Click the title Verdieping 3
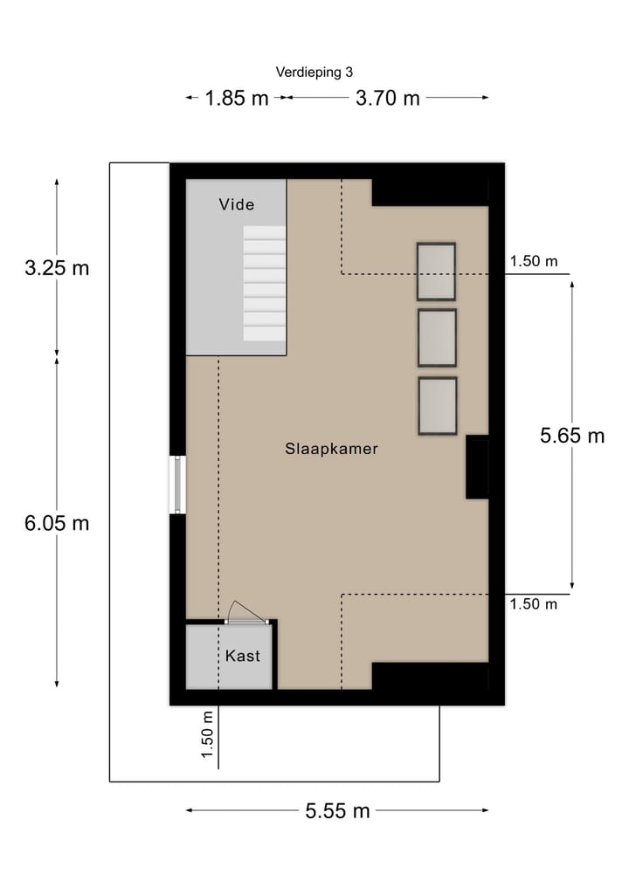point(314,72)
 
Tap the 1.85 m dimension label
point(237,98)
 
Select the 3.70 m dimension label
point(387,98)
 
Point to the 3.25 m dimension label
point(57,268)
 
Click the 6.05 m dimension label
point(57,523)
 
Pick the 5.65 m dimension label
point(572,436)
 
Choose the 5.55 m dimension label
point(337,811)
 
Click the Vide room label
point(237,204)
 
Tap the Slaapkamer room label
point(331,449)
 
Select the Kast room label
point(242,656)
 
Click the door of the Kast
point(246,614)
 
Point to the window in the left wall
point(177,485)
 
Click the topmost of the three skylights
point(436,272)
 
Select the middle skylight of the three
point(437,338)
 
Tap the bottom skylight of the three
point(437,406)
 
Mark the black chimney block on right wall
point(477,468)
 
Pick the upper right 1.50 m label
point(533,261)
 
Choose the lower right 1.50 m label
point(533,604)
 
